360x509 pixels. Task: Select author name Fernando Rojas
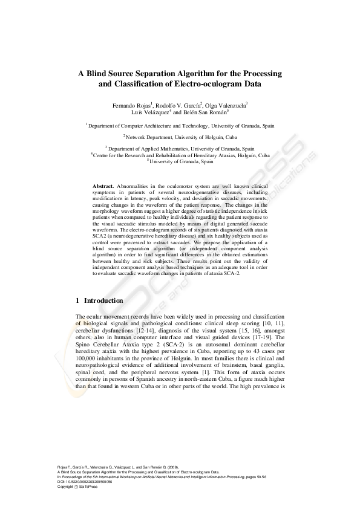(x=132, y=105)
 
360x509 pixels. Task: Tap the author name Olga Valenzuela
(x=226, y=105)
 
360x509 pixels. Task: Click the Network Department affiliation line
(x=180, y=137)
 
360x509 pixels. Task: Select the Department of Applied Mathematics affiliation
(x=180, y=148)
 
